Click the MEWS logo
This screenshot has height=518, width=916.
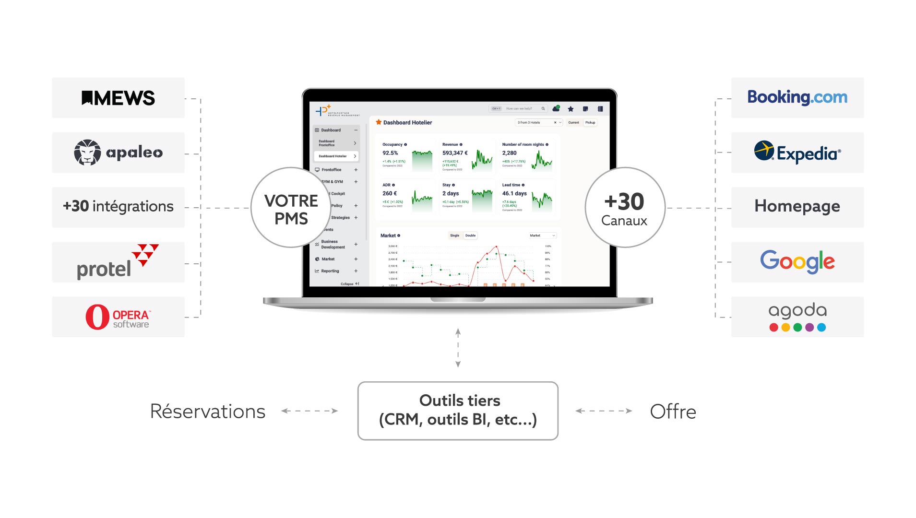coord(118,98)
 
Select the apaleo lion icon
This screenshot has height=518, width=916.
coord(87,153)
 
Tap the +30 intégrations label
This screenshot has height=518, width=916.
coord(118,206)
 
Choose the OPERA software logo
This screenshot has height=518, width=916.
coord(118,317)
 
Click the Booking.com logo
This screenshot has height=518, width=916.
coord(797,97)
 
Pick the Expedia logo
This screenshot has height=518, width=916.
coord(797,153)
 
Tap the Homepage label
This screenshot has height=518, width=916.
coord(797,206)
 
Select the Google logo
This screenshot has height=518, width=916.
coord(797,261)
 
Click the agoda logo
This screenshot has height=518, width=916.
coord(797,317)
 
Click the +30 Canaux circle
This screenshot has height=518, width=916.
coord(624,208)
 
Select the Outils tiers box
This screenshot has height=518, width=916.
coord(458,411)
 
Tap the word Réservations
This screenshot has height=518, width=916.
coord(207,412)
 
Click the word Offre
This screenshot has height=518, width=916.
coord(673,412)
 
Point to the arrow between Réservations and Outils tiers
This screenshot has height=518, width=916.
coord(309,411)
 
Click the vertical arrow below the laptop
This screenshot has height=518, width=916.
coord(458,348)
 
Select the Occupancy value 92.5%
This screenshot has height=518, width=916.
coord(390,153)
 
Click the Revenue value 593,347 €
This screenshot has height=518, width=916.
coord(454,153)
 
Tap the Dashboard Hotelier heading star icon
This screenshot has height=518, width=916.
coord(379,122)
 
